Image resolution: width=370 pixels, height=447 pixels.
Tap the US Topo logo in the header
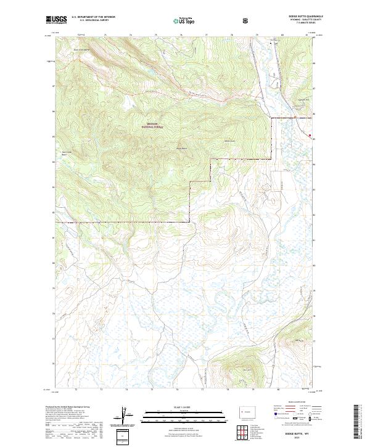[184, 20]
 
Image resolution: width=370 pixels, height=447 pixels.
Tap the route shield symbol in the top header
[246, 20]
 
